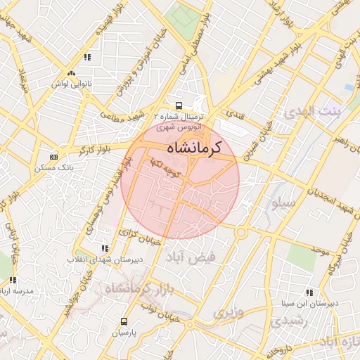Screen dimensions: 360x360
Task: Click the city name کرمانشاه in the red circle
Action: (194, 148)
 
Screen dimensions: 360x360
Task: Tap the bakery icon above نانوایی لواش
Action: (70, 73)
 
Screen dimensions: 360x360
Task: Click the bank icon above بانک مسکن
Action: (54, 156)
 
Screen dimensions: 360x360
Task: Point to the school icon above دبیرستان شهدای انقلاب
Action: (105, 248)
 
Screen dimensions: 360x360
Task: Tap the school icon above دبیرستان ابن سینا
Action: (309, 292)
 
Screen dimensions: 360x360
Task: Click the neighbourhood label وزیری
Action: (229, 311)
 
